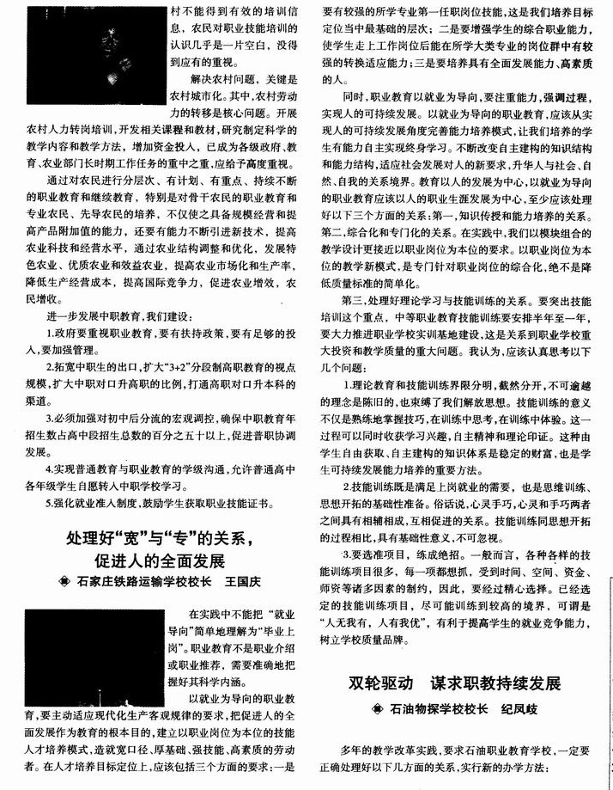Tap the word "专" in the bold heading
[x=188, y=540]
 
